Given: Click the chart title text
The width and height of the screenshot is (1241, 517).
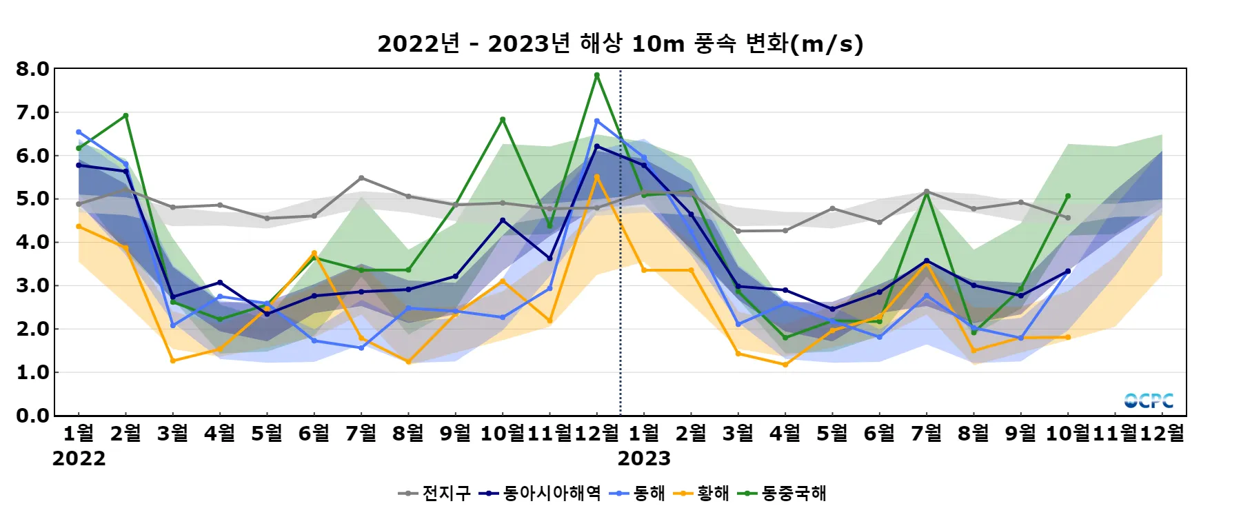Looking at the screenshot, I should point(620,44).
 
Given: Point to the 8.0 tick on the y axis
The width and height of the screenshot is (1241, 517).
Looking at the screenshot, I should point(33,69).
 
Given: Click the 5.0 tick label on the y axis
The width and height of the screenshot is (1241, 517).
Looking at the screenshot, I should point(33,199).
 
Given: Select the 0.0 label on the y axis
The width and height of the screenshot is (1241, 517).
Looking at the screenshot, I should point(33,416).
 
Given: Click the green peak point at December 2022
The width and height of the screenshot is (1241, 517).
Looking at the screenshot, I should point(597,75).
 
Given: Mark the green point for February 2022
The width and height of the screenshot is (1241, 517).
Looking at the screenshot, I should point(125,116).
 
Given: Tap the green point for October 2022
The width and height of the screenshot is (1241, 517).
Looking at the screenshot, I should point(503,119).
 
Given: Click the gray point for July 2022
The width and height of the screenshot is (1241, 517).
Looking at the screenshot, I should point(361,178).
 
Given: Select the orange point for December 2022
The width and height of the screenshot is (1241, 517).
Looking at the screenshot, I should point(597,176).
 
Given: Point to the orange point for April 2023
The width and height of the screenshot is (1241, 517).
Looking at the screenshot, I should point(785,365).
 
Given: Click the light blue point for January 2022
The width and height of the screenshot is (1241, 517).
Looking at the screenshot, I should point(79,132).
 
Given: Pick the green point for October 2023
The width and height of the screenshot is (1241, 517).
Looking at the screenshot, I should point(1068,196).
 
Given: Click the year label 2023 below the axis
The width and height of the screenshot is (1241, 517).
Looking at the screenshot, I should point(644,458).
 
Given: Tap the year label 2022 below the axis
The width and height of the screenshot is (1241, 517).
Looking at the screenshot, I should point(79,458).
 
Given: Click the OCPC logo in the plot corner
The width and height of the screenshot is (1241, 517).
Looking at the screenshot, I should point(1149,401).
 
